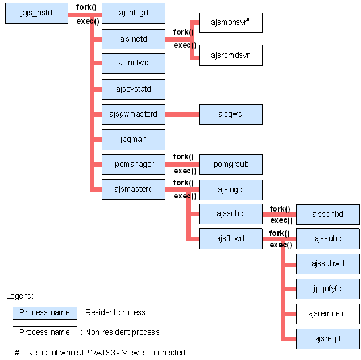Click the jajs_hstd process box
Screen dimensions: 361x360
coord(36,13)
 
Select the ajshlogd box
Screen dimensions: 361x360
coord(134,13)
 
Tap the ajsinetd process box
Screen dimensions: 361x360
coord(134,39)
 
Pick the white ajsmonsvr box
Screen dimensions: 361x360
coord(231,23)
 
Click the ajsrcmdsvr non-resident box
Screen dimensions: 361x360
coord(231,55)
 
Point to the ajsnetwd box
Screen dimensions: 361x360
coord(134,64)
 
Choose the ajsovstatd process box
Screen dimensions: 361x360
coord(134,89)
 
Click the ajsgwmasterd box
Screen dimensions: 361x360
coord(134,114)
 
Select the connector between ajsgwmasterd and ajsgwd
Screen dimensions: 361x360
coord(182,114)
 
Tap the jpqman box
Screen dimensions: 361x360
coord(134,139)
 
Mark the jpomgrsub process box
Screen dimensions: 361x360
coord(231,164)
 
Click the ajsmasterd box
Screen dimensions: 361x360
coord(134,189)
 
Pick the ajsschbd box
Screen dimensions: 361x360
coord(328,214)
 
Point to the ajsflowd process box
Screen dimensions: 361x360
coord(231,239)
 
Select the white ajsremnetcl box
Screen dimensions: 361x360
coord(328,314)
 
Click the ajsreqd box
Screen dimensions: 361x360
coord(328,339)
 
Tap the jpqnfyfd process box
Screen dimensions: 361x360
coord(328,289)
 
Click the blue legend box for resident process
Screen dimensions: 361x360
coord(45,313)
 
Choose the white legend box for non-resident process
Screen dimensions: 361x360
coord(45,333)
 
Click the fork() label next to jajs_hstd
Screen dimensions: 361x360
coord(86,7)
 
